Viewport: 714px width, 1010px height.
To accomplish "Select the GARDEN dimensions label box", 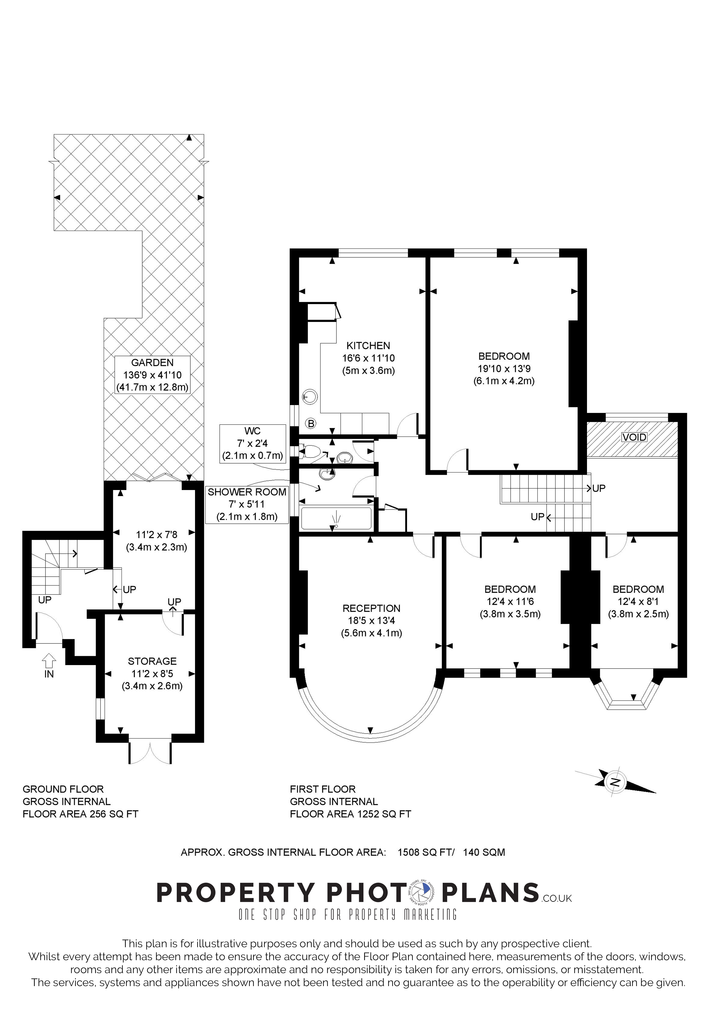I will click(152, 375).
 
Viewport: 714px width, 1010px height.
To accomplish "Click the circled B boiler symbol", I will click(311, 424).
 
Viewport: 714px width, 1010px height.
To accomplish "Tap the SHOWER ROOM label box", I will click(247, 504).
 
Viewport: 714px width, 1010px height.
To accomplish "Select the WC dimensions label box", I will click(253, 443).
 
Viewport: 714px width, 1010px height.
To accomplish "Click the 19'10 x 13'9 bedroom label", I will click(504, 369).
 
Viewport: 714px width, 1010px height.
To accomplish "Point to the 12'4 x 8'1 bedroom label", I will click(638, 601).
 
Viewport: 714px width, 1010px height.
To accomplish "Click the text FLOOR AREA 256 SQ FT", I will click(81, 814).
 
